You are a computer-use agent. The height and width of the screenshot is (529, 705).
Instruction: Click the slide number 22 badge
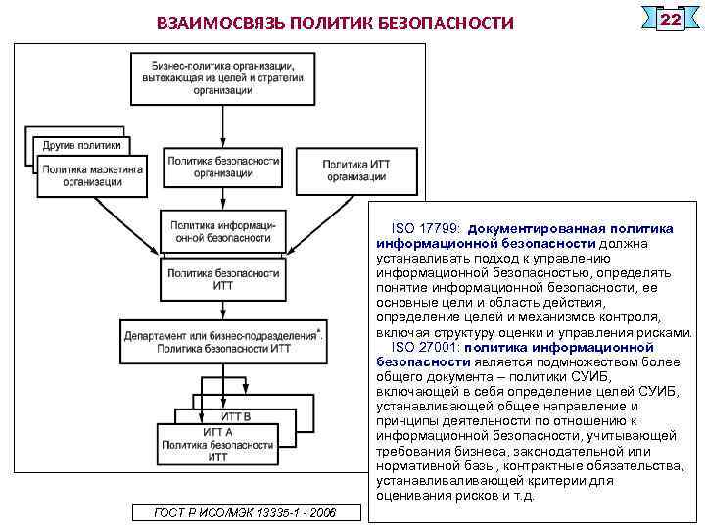(670, 21)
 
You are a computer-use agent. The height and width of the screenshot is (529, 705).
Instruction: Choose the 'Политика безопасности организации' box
(223, 167)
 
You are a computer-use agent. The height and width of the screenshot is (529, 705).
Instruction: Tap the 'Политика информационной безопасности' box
(223, 231)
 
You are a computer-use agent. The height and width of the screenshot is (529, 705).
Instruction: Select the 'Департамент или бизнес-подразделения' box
(223, 341)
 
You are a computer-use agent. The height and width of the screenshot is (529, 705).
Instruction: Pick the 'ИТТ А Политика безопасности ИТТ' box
(216, 444)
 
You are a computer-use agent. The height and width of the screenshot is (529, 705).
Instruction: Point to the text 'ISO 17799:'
(428, 227)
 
